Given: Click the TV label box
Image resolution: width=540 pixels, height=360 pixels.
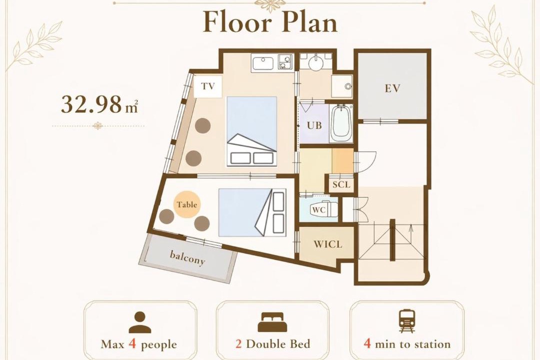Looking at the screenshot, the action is click(207, 86).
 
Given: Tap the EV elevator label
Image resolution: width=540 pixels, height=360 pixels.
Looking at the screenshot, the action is click(392, 88).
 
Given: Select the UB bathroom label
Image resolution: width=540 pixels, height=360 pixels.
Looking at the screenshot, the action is click(314, 125).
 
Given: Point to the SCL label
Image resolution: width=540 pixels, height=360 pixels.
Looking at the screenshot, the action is click(341, 184).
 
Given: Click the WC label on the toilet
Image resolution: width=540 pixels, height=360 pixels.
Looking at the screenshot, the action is click(318, 209).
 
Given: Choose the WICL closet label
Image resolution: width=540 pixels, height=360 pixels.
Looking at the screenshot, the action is click(328, 244).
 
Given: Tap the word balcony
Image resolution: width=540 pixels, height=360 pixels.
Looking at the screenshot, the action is click(187, 257).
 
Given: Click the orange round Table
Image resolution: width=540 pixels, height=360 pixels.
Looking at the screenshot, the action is click(187, 204).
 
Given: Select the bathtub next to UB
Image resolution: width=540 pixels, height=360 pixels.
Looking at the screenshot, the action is click(341, 123).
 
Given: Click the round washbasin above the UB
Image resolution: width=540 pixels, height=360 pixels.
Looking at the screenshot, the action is click(316, 63).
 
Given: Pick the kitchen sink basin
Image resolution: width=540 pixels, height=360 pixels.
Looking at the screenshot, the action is click(263, 63).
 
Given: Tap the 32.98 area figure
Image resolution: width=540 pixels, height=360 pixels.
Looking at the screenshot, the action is click(91, 104).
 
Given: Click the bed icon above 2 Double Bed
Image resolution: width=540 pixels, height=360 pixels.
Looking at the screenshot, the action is click(272, 322).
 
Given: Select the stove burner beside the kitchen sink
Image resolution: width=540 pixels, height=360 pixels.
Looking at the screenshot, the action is click(284, 63).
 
